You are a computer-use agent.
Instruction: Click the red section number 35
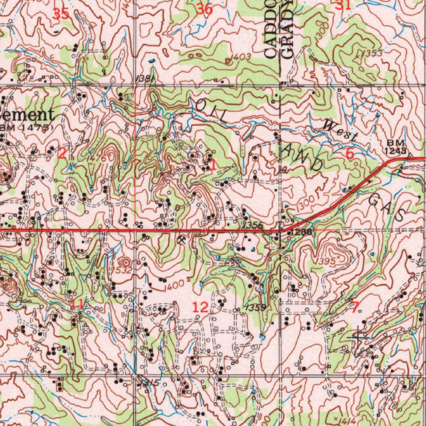(61, 14)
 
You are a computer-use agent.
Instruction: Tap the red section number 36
(204, 9)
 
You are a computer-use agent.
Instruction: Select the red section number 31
(343, 5)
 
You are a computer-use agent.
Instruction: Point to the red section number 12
(200, 307)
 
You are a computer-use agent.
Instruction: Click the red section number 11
(77, 304)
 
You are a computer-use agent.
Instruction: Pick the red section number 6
(350, 154)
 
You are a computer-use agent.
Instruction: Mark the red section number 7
(355, 307)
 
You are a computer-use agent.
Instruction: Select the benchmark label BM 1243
(395, 146)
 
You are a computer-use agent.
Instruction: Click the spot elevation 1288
(301, 232)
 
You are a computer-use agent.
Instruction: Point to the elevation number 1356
(253, 225)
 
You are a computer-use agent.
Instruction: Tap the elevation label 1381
(144, 79)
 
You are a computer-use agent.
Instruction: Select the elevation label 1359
(255, 307)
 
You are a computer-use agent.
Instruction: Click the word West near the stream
(340, 130)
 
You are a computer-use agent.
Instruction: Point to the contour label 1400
(173, 286)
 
